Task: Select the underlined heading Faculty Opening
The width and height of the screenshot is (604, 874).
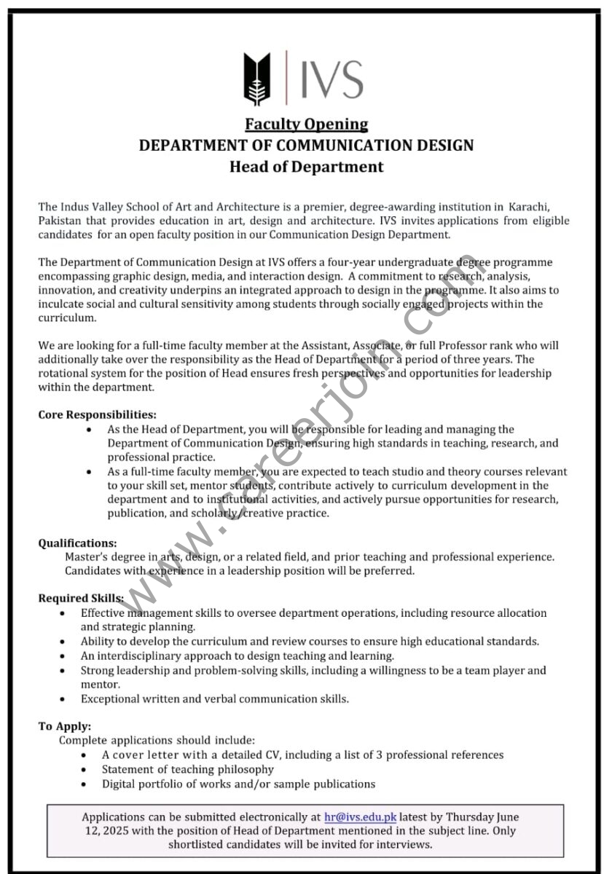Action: pyautogui.click(x=306, y=124)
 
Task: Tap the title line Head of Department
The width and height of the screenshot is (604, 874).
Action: pyautogui.click(x=306, y=167)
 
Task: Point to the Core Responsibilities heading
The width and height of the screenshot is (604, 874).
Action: pyautogui.click(x=97, y=414)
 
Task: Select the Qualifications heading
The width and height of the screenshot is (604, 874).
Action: pyautogui.click(x=77, y=543)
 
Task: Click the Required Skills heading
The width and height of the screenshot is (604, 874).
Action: pyautogui.click(x=81, y=598)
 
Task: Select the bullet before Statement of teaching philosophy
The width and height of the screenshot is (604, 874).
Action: pyautogui.click(x=85, y=770)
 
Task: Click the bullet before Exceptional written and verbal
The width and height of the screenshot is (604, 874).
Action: pyautogui.click(x=64, y=699)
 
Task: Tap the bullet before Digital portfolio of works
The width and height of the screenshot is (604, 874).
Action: pyautogui.click(x=85, y=784)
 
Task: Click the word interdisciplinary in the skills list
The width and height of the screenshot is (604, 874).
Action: pyautogui.click(x=138, y=655)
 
